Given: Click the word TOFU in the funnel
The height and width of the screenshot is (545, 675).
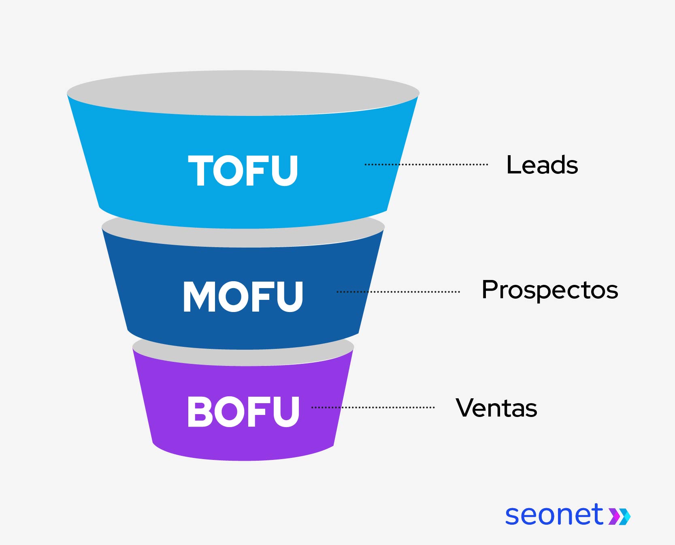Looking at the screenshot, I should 243,171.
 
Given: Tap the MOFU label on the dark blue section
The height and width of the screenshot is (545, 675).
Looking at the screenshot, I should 243,297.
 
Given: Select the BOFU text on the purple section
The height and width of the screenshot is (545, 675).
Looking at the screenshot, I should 243,412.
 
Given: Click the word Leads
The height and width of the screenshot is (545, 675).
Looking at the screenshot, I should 542,165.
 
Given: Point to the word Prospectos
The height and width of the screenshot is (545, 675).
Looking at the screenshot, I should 549,290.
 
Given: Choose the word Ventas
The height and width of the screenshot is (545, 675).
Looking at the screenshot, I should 496,408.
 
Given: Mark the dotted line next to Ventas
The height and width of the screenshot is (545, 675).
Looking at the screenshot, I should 373,407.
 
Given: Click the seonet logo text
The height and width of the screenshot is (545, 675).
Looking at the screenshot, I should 554,515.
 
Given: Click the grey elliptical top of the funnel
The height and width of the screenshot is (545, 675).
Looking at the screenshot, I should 243,92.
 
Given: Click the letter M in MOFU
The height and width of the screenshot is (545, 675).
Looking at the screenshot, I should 198,297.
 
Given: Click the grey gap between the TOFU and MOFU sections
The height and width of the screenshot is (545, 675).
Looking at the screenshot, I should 243,237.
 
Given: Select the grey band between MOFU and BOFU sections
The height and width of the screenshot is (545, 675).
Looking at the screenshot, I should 243,357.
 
